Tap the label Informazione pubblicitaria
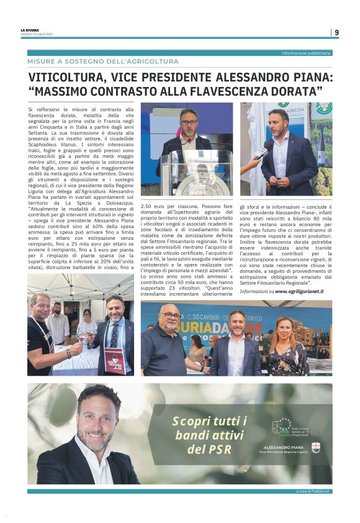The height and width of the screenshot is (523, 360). [x=307, y=53]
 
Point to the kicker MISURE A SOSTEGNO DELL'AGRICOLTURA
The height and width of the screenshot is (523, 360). [x=103, y=61]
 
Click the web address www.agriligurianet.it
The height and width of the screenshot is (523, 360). [x=299, y=291]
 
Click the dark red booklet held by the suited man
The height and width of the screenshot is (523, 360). [x=115, y=360]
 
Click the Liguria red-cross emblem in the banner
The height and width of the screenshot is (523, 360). [x=315, y=448]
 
